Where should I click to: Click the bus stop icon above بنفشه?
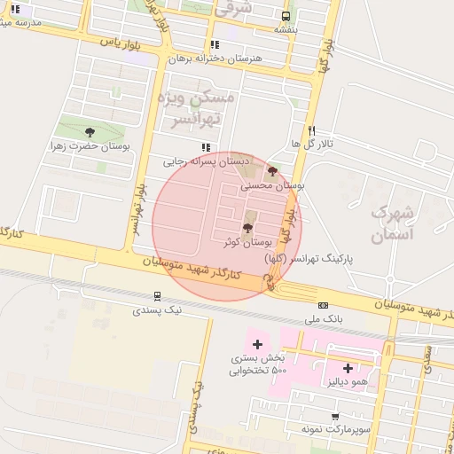(285, 16)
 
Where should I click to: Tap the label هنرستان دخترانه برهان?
(215, 59)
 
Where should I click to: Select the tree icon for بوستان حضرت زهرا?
(89, 132)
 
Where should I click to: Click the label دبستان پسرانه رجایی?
(203, 162)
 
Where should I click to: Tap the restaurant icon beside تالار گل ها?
(311, 129)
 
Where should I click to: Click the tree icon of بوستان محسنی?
(271, 172)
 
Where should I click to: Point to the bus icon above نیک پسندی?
(157, 296)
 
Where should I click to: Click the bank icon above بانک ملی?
(323, 305)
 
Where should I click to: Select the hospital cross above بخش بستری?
(258, 343)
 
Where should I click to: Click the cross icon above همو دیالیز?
(347, 367)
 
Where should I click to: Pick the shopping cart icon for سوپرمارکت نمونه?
(335, 416)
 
